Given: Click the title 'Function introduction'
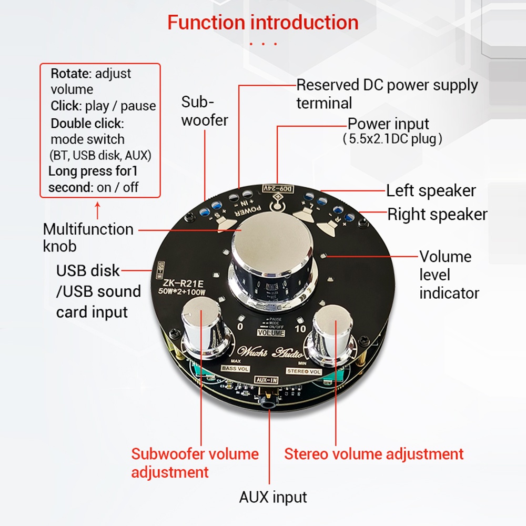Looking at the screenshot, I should [x=262, y=23].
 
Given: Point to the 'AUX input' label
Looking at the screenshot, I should [x=273, y=497].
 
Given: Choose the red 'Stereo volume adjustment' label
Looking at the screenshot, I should [x=374, y=454].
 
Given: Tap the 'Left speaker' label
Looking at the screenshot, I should [x=431, y=190].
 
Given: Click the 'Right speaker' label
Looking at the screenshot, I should [x=437, y=215].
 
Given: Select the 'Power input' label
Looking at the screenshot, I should [x=389, y=124].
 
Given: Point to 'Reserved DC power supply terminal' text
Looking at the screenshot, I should [x=387, y=94].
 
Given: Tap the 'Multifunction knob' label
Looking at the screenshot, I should [x=88, y=237].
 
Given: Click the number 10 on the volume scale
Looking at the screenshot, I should [x=300, y=329].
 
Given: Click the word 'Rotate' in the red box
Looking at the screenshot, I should [x=71, y=74].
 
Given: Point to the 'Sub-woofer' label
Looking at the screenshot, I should [x=204, y=111].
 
